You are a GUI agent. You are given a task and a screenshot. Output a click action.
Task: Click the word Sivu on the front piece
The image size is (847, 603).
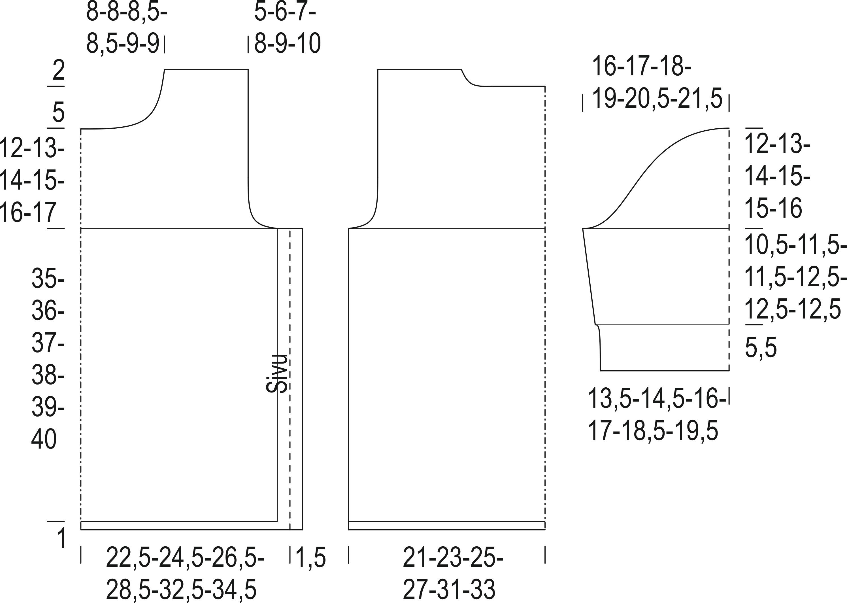pyautogui.click(x=277, y=373)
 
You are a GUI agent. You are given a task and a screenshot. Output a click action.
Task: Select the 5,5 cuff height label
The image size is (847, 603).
pyautogui.click(x=761, y=348)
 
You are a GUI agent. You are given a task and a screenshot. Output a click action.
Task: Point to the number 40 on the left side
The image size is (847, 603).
pyautogui.click(x=44, y=439)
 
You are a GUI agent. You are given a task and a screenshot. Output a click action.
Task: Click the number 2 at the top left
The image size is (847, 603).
pyautogui.click(x=59, y=70)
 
